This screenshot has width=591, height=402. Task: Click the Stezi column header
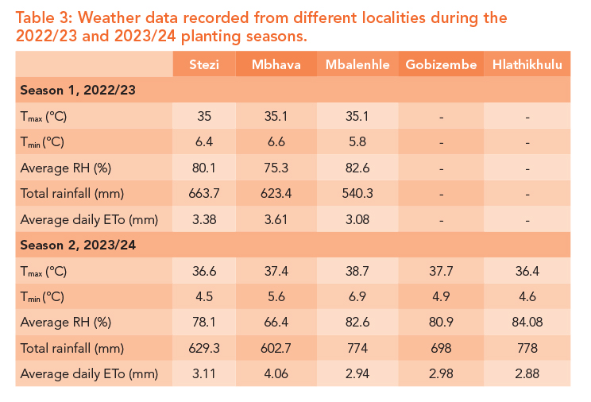point(204,64)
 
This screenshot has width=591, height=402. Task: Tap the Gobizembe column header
point(441,64)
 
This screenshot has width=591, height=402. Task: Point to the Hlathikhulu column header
point(527,64)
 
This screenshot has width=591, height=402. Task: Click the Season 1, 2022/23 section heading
point(78,91)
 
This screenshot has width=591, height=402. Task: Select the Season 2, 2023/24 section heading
point(78,245)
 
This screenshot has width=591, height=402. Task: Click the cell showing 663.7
point(204,193)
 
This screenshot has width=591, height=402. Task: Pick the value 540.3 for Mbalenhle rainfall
point(357,193)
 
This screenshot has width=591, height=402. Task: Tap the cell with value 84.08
point(527,322)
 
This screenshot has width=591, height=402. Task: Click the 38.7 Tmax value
point(357,271)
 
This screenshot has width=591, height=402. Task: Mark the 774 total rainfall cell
point(357,348)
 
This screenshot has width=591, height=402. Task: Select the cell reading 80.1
point(204,168)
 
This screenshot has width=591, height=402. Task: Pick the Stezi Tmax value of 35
point(204,116)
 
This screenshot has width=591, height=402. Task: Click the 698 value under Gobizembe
point(441,348)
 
